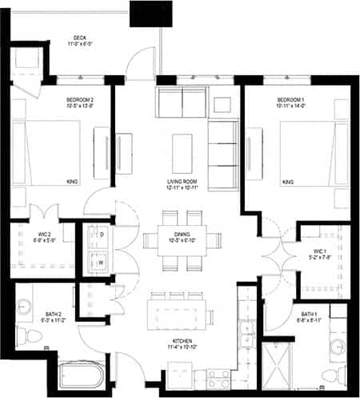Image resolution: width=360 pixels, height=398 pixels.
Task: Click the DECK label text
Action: point(80,38)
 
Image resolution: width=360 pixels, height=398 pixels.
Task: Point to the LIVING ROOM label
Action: point(183,183)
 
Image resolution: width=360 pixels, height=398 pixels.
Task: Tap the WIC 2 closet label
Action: point(44,234)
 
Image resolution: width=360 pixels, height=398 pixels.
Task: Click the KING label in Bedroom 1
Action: point(288,183)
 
